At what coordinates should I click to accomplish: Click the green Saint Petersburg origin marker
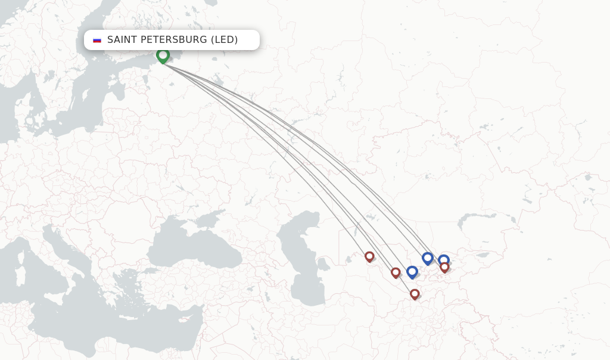(163, 55)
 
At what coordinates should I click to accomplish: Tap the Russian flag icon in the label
(97, 40)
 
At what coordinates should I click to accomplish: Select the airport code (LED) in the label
(224, 40)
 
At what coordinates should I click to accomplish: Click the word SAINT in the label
(122, 40)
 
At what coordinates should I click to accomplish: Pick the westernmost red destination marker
(369, 256)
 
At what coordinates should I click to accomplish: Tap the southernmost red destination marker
(415, 294)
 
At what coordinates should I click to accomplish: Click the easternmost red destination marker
(444, 267)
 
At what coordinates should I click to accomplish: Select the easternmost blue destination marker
(444, 260)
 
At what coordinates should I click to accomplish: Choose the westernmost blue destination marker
(412, 272)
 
